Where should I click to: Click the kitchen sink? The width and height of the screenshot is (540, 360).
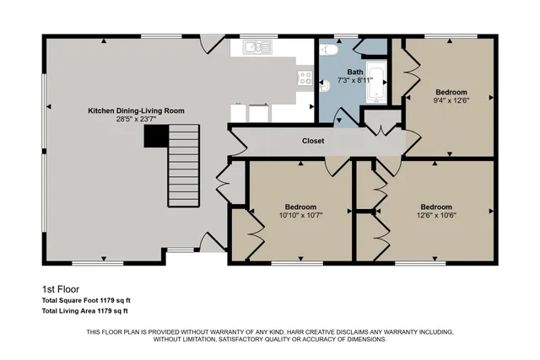pyautogui.click(x=257, y=48)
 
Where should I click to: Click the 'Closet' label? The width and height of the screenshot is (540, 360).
pyautogui.click(x=313, y=142)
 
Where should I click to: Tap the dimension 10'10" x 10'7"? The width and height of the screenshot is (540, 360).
pyautogui.click(x=300, y=215)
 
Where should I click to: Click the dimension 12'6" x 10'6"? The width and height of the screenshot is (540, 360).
pyautogui.click(x=435, y=215)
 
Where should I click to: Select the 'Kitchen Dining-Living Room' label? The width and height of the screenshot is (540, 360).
pyautogui.click(x=137, y=110)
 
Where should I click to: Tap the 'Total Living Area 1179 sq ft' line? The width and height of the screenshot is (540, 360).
pyautogui.click(x=86, y=311)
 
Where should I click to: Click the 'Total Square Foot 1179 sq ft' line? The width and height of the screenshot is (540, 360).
pyautogui.click(x=86, y=300)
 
